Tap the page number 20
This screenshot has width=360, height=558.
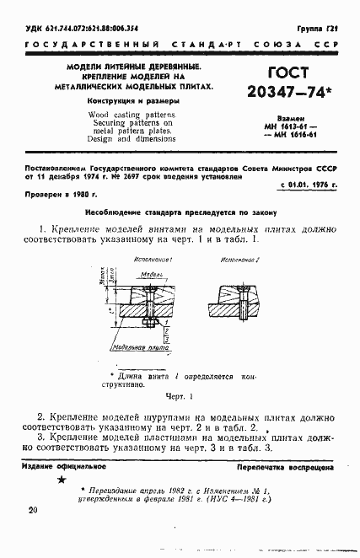[33, 510]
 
